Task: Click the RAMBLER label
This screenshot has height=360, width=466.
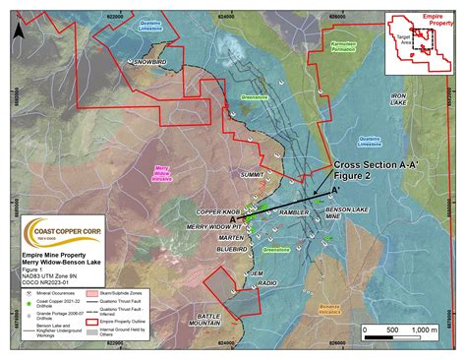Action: pyautogui.click(x=294, y=210)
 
